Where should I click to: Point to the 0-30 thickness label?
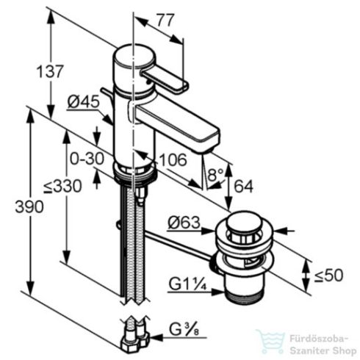click(x=84, y=157)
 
